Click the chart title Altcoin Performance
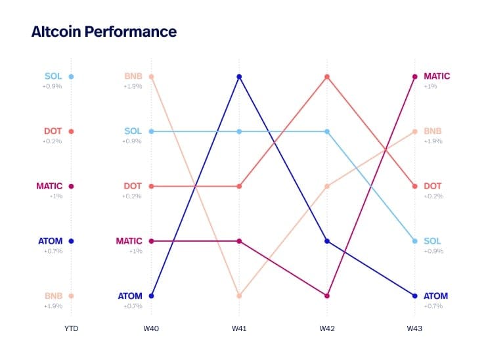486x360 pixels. pos(104,31)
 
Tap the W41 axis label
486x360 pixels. pos(239,328)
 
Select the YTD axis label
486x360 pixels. pos(70,328)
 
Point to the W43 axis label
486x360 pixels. pos(414,328)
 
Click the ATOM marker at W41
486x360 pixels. pos(239,77)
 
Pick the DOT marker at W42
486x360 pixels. pos(326,77)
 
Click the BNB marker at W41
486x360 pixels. pos(239,296)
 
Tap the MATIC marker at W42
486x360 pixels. pos(326,296)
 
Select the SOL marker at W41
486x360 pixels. pos(239,131)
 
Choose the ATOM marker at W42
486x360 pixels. pos(326,241)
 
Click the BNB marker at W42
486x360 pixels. pos(326,187)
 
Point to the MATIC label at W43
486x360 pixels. pos(437,76)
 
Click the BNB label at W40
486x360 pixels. pos(133,76)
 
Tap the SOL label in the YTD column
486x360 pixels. pos(53,76)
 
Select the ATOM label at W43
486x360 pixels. pos(436,296)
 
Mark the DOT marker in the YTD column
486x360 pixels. pos(71,131)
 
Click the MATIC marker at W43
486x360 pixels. pos(414,77)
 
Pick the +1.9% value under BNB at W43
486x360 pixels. pos(433,141)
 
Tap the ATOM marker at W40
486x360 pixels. pos(151,296)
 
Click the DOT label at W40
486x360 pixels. pos(133,186)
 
